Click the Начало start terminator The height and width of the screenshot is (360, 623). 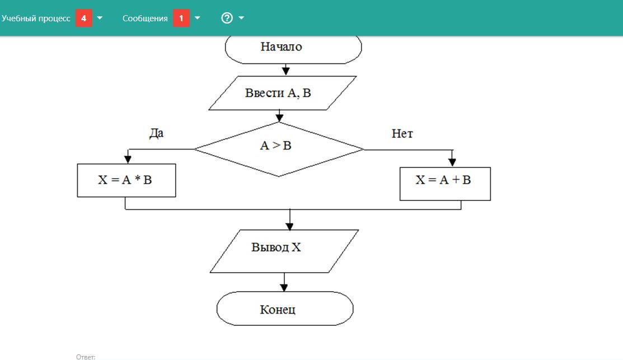(293, 48)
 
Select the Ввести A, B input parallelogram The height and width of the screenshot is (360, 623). (283, 93)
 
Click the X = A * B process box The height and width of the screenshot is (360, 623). (127, 180)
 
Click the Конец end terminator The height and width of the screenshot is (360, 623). (285, 308)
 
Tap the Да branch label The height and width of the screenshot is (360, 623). (156, 133)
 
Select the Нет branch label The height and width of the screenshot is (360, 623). (402, 134)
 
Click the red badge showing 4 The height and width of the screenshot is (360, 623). (83, 18)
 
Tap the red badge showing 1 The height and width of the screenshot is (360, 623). (181, 18)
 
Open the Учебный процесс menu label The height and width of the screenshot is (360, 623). (36, 18)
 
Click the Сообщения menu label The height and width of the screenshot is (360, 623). (145, 18)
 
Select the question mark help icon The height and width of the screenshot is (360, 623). (227, 18)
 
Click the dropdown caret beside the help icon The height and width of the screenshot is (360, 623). (241, 18)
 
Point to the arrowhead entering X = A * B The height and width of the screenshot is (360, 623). (128, 160)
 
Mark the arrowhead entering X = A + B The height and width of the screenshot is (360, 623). (452, 162)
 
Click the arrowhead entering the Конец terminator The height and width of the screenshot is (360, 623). (284, 287)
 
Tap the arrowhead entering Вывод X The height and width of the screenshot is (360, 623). (289, 226)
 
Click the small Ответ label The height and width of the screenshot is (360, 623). (86, 357)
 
